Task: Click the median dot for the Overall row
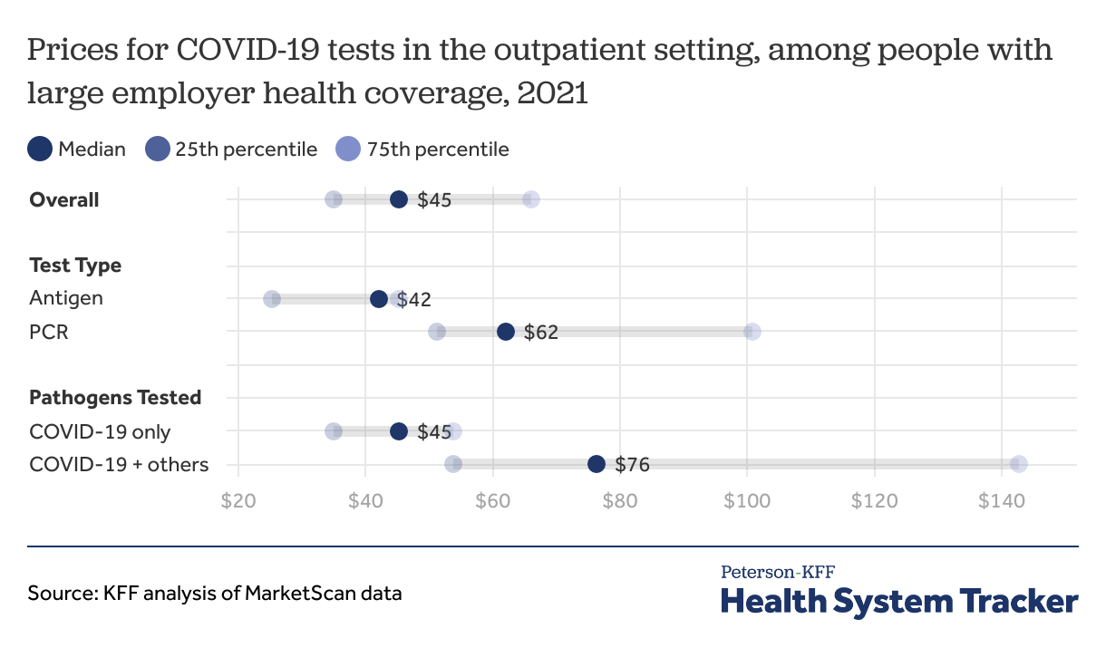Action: coord(399,199)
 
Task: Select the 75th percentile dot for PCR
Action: coord(752,332)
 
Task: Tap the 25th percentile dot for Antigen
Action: coord(272,299)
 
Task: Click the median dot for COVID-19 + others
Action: coord(596,464)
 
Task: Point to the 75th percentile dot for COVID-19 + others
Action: coord(1019,464)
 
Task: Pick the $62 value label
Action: coord(541,333)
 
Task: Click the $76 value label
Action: coord(632,465)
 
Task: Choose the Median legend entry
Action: coord(77,150)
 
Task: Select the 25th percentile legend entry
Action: coord(231,150)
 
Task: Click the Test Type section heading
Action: coord(75,266)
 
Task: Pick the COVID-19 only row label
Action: coord(100,431)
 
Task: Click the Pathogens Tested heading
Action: coord(115,398)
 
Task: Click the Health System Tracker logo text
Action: coord(899,602)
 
